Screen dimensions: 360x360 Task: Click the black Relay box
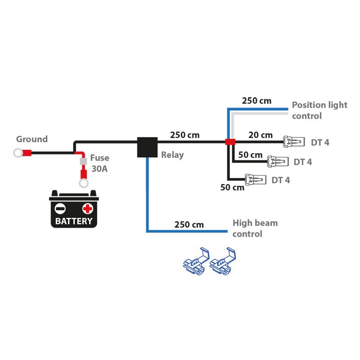pyautogui.click(x=147, y=147)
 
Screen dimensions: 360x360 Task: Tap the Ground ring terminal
pyautogui.click(x=18, y=153)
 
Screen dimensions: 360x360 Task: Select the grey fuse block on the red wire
pyautogui.click(x=83, y=161)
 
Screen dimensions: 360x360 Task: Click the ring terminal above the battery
pyautogui.click(x=83, y=183)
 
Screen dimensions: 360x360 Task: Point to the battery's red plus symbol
pyautogui.click(x=87, y=208)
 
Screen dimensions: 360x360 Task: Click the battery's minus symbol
pyautogui.click(x=60, y=208)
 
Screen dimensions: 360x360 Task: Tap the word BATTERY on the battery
pyautogui.click(x=73, y=221)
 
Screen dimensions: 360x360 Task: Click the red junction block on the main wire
pyautogui.click(x=230, y=142)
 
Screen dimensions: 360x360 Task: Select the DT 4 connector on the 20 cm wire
pyautogui.click(x=293, y=142)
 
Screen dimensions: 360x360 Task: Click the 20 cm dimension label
pyautogui.click(x=261, y=135)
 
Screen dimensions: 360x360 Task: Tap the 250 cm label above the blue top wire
pyautogui.click(x=256, y=101)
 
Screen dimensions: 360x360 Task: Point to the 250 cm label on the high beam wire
pyautogui.click(x=189, y=224)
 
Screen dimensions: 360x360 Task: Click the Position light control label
pyautogui.click(x=319, y=110)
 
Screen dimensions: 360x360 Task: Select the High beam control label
pyautogui.click(x=255, y=228)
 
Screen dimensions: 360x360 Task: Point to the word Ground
pyautogui.click(x=31, y=139)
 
